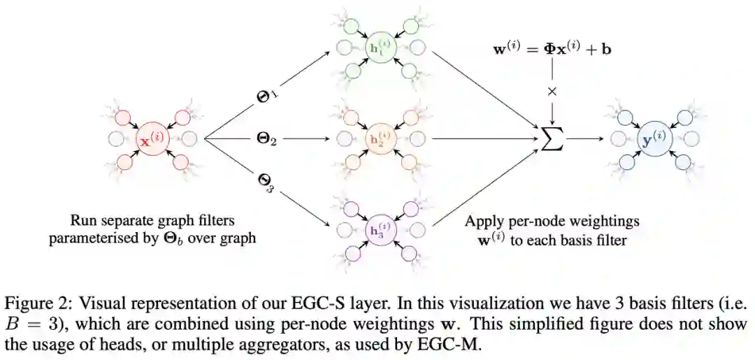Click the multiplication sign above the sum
coord(552,92)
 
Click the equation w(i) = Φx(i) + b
coord(552,50)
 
